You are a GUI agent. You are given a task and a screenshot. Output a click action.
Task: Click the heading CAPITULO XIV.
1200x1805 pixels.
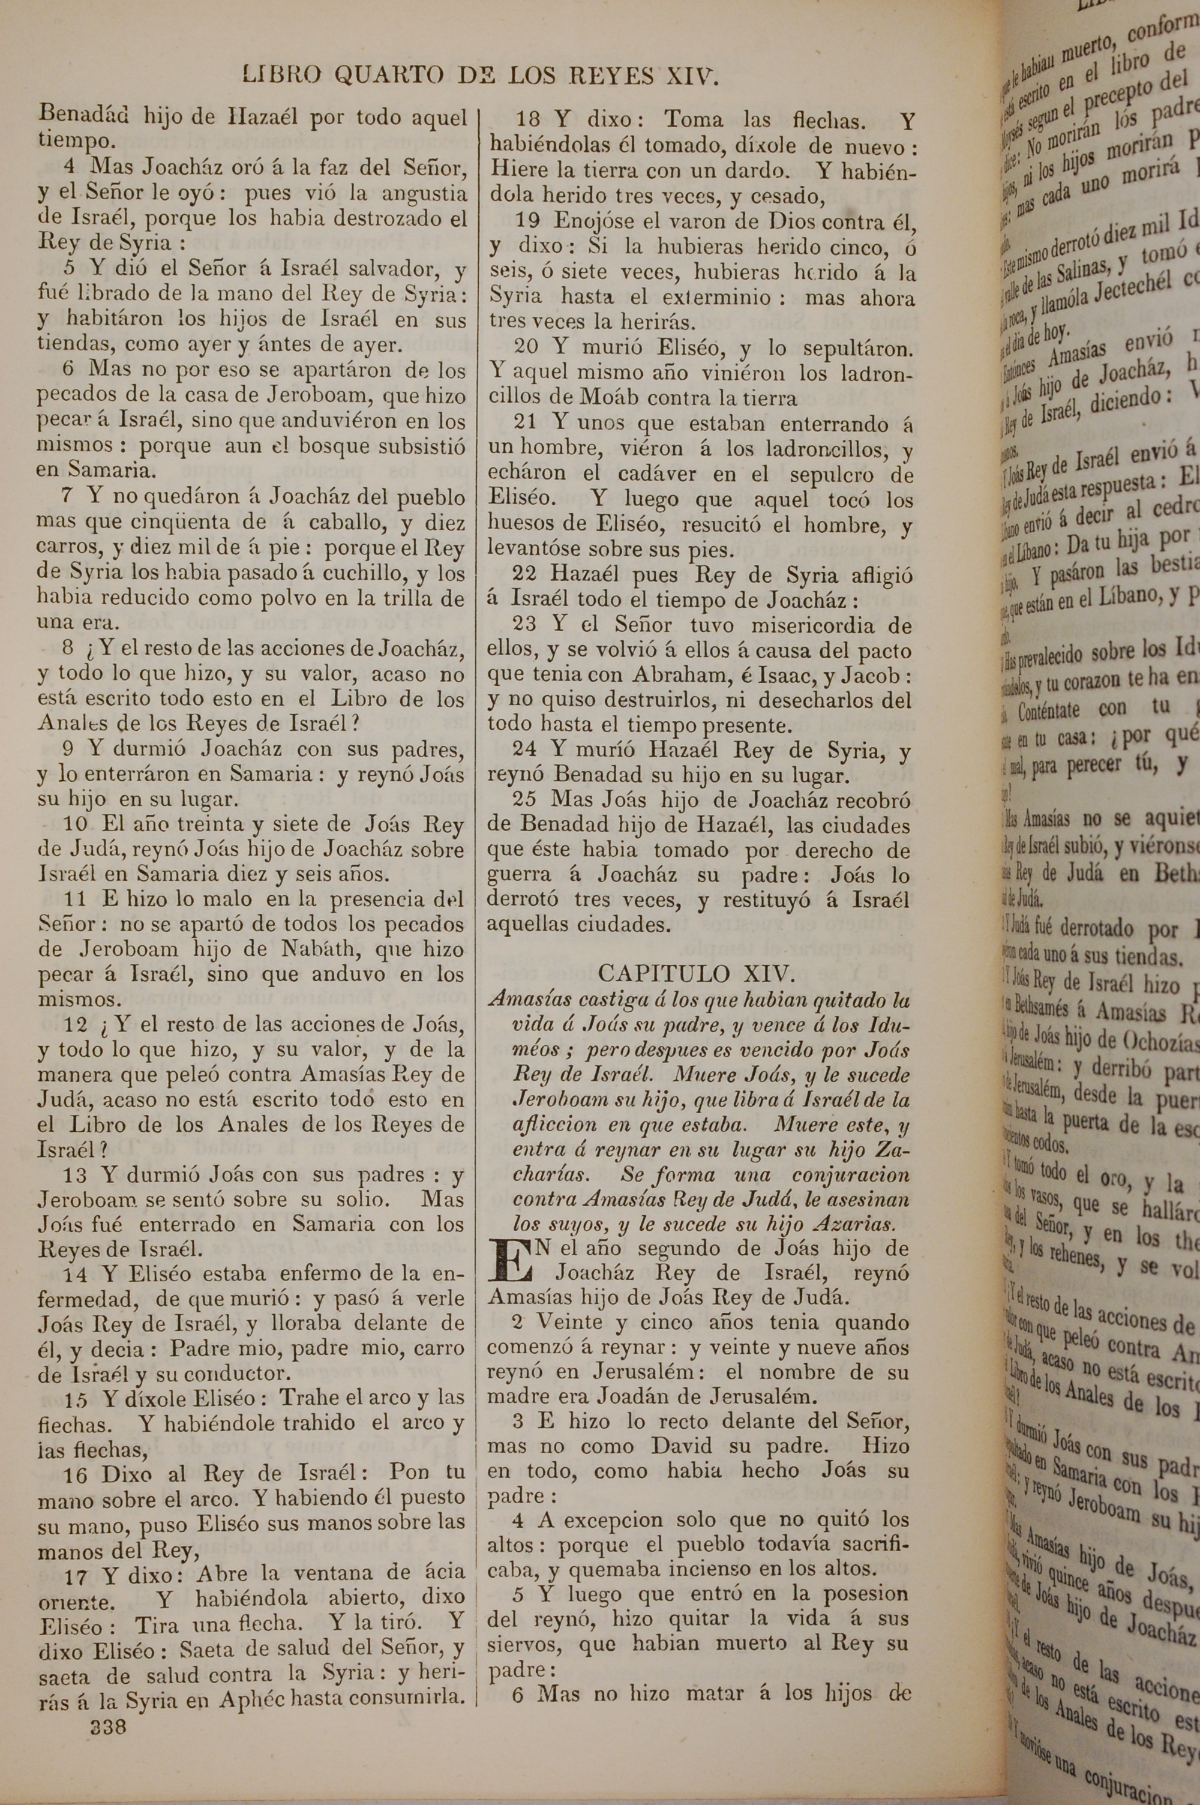[x=697, y=973]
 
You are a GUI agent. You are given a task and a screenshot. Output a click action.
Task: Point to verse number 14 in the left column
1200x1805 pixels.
[x=75, y=1274]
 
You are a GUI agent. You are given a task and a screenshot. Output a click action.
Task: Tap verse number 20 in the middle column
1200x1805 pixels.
[x=527, y=348]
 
